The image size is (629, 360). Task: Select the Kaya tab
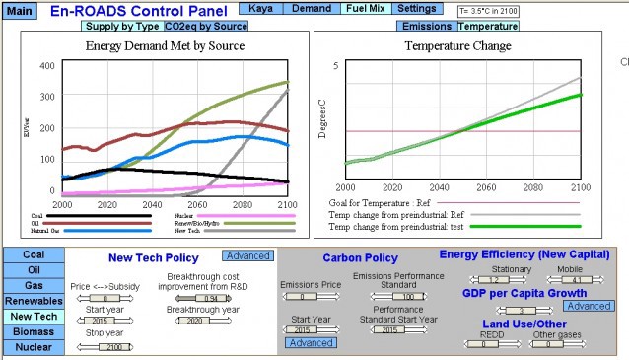click(261, 8)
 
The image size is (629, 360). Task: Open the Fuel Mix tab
click(364, 8)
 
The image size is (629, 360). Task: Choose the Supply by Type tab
click(121, 25)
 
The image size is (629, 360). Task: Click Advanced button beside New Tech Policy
click(247, 255)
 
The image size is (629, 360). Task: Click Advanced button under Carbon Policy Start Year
click(310, 342)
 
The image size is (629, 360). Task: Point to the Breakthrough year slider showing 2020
click(196, 320)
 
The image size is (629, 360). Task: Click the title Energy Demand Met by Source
click(165, 45)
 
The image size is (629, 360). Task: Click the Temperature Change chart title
click(457, 45)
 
